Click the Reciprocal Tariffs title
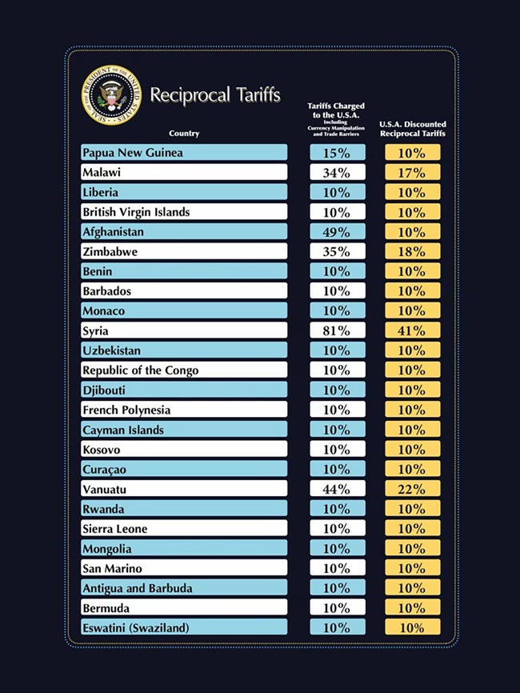(215, 95)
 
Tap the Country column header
(184, 133)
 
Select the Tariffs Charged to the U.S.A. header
(336, 120)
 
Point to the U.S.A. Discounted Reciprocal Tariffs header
(413, 128)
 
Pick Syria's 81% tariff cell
(337, 330)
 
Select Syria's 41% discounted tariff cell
(412, 330)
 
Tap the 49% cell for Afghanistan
(337, 232)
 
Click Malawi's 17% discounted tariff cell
(412, 172)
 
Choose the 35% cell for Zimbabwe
(337, 251)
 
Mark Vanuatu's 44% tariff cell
(337, 489)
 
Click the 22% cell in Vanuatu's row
(412, 489)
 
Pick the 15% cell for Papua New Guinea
(337, 153)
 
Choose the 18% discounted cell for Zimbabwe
(412, 251)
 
